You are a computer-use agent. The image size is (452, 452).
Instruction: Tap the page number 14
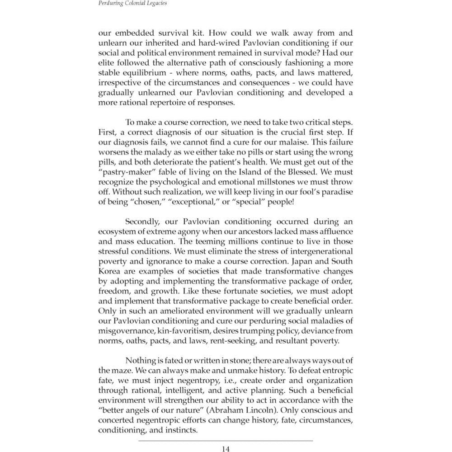pos(226,449)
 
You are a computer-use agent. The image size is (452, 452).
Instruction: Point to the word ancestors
pos(248,231)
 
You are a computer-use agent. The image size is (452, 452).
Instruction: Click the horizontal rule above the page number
pos(226,440)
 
